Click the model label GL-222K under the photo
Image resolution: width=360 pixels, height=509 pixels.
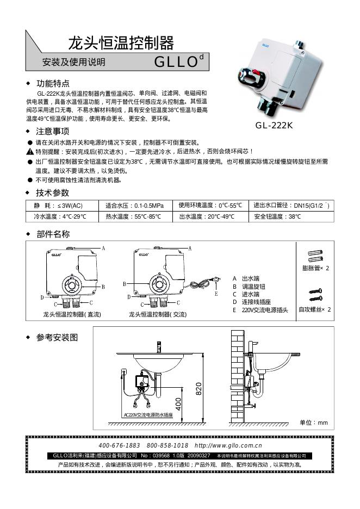tap(274, 125)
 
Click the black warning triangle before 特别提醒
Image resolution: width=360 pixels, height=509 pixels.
tap(30, 151)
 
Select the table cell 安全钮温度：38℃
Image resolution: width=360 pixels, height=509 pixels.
tap(277, 216)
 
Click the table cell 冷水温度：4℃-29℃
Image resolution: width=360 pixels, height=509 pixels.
tap(59, 216)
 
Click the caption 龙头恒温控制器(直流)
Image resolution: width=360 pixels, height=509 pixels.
tap(72, 314)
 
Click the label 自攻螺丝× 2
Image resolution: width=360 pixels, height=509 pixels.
tap(315, 309)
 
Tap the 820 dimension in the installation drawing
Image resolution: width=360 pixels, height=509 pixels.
tap(199, 388)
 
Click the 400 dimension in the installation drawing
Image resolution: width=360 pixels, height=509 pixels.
tap(178, 404)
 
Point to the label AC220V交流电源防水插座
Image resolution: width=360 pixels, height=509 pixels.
tap(148, 414)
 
